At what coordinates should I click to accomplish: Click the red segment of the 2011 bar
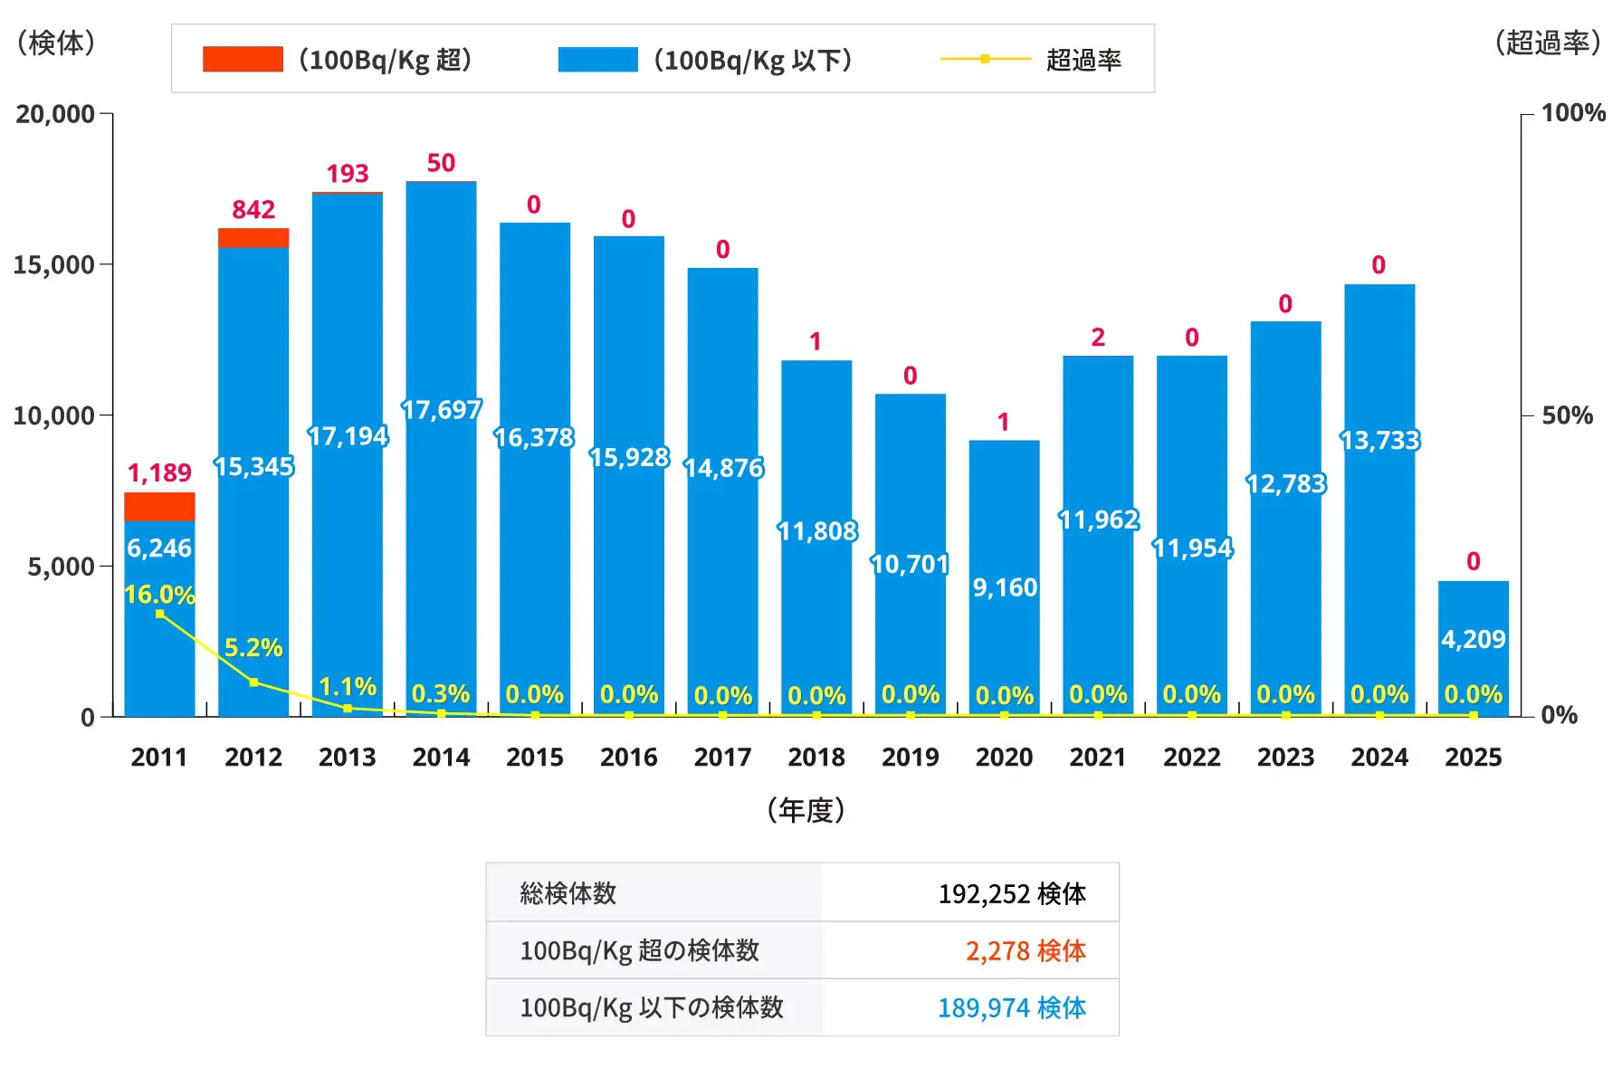[x=159, y=506]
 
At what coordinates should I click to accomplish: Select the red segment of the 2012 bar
[x=253, y=237]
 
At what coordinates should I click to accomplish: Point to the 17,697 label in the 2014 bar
[x=441, y=410]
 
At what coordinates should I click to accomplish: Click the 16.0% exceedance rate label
[x=159, y=595]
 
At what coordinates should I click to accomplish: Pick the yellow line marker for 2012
[x=253, y=682]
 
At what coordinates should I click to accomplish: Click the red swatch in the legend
[x=243, y=60]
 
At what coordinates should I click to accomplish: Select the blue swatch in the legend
[x=597, y=60]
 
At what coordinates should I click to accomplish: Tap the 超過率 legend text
[x=1083, y=60]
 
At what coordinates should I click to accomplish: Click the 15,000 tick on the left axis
[x=54, y=265]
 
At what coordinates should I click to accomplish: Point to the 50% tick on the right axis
[x=1567, y=415]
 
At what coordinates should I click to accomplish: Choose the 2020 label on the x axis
[x=1004, y=758]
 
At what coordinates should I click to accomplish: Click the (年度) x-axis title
[x=806, y=810]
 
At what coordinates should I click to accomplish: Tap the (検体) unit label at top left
[x=56, y=43]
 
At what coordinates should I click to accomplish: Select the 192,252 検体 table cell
[x=1012, y=894]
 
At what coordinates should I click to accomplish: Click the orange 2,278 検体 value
[x=1026, y=951]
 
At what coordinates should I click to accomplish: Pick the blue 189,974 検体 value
[x=1012, y=1008]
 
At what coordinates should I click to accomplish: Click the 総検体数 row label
[x=568, y=894]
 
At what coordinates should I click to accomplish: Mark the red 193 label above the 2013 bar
[x=348, y=174]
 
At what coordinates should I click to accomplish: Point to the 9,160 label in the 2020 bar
[x=1005, y=588]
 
